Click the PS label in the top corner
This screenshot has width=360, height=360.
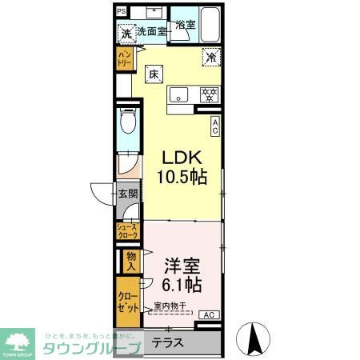click(x=121, y=11)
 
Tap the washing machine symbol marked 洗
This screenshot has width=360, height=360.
click(x=126, y=34)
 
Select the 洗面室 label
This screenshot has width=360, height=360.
click(x=150, y=32)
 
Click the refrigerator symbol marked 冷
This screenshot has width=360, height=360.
click(x=211, y=58)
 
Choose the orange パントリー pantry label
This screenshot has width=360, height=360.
click(x=124, y=58)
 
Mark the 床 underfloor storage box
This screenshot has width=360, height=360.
click(x=153, y=74)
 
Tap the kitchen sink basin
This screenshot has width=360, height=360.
click(x=178, y=93)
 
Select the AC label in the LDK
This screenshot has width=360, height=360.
click(x=214, y=125)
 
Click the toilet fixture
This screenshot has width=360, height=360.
click(x=126, y=123)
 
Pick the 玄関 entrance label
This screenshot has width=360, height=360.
click(x=128, y=194)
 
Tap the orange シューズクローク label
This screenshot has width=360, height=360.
click(x=128, y=231)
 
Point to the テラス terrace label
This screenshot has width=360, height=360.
click(x=168, y=342)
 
